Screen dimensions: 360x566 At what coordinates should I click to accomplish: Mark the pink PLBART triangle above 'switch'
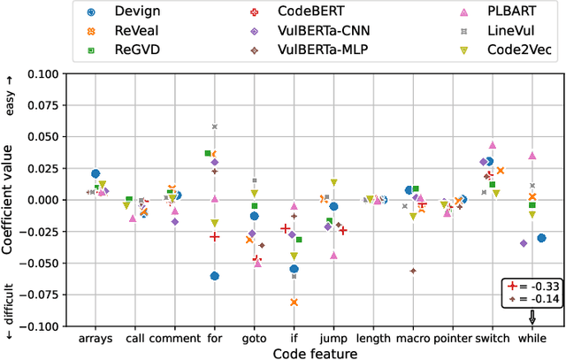493,145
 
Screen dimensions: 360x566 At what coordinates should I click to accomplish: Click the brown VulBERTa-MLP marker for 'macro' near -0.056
413,271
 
